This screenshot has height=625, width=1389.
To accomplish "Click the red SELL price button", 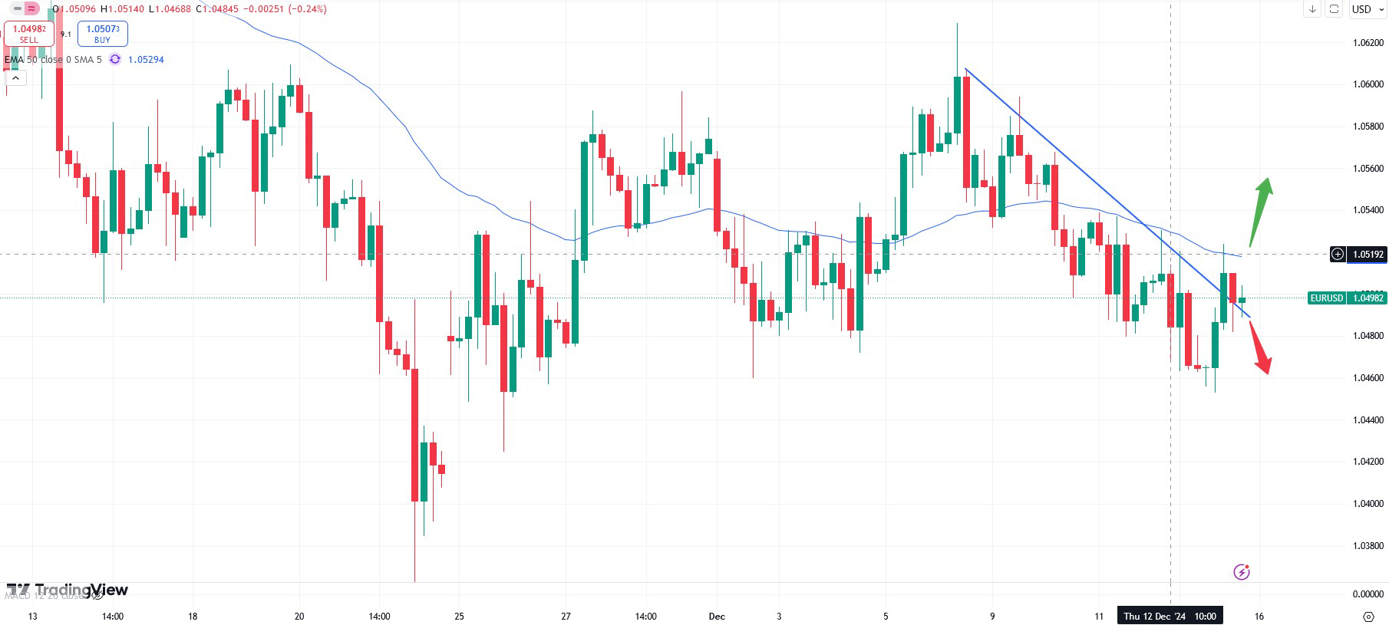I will pos(28,33).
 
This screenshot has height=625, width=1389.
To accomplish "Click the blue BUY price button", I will pos(102,33).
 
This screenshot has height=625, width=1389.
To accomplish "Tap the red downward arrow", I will pos(1259,348).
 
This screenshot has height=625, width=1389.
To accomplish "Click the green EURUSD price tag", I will pos(1347,298).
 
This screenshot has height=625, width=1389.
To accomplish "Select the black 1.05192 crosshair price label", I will pos(1358,254).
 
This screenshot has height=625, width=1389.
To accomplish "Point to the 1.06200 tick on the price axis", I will pos(1368,43).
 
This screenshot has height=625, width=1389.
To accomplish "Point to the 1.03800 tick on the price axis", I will pos(1368,546).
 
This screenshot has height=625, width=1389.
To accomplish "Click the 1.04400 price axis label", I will pos(1368,420).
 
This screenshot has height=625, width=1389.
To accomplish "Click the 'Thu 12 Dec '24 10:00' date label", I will pos(1170,616).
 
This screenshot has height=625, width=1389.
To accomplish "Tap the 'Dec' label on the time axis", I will pos(717,616).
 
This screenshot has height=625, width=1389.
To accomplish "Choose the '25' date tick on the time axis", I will pos(459,616).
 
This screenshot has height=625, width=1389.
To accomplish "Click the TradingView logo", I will pos(68,590).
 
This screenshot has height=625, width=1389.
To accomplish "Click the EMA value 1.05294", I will pos(146,59).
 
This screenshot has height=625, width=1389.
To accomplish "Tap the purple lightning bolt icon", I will pos(1241,571).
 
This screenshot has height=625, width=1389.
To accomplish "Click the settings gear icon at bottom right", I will pos(1368,616).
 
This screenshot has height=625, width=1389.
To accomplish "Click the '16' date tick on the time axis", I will pos(1259,616).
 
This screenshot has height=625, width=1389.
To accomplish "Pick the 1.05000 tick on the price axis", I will pos(1368,294).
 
